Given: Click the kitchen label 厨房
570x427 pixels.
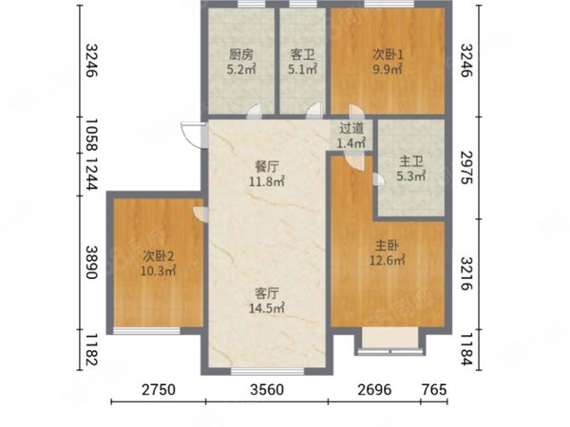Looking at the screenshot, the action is (x=240, y=55).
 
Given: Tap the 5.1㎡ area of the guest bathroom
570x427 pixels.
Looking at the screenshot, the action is (x=302, y=69).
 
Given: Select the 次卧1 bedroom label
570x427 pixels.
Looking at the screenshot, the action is (x=388, y=55).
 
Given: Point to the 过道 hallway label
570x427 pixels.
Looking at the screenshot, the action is (x=351, y=128).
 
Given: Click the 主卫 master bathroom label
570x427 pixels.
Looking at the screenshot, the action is (x=411, y=161).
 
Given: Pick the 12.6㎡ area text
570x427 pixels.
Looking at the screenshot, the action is (x=388, y=260).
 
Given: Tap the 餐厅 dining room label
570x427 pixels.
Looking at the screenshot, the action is (x=267, y=167).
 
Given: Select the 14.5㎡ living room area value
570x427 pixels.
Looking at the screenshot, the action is (x=267, y=308).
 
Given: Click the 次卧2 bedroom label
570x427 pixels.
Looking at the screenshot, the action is (x=158, y=257).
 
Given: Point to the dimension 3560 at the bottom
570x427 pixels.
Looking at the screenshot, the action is (x=267, y=390).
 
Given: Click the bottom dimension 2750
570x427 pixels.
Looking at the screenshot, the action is (x=159, y=390).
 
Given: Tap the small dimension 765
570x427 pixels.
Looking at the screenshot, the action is (x=434, y=390).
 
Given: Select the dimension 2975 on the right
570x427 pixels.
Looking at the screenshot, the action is (x=466, y=167).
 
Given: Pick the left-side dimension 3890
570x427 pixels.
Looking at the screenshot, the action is (x=91, y=263).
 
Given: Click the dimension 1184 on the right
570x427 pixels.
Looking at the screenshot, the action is (x=466, y=349).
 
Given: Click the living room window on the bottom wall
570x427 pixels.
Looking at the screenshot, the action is (x=268, y=371).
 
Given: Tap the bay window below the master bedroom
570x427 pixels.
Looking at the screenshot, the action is (x=390, y=342).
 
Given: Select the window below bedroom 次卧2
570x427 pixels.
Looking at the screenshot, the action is (x=146, y=331).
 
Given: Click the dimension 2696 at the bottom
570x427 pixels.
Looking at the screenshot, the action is (x=375, y=390).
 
